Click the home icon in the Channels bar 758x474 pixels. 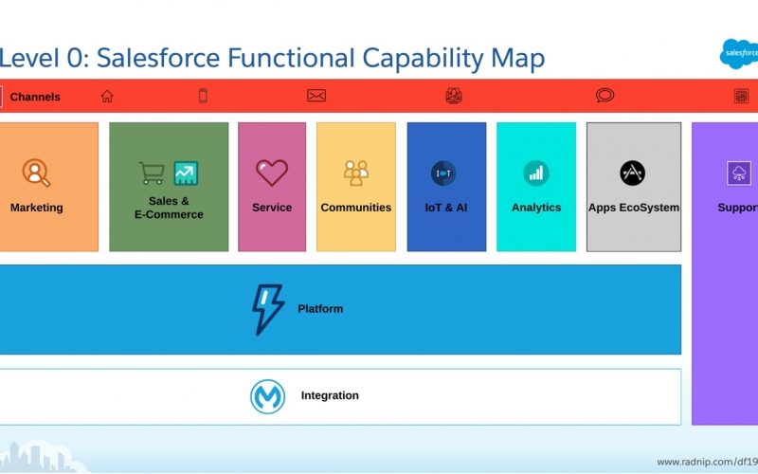(x=107, y=97)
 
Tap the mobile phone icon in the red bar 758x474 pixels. (x=203, y=96)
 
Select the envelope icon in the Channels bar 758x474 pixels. (x=316, y=96)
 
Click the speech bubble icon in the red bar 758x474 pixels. (x=605, y=96)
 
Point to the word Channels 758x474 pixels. (x=35, y=97)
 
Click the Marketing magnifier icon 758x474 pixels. (x=36, y=173)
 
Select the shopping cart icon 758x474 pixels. (x=152, y=173)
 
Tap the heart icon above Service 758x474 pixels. (x=272, y=173)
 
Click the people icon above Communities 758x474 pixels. (x=356, y=173)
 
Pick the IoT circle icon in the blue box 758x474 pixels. (x=443, y=173)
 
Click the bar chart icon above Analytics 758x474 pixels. (x=536, y=173)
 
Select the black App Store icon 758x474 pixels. (x=632, y=173)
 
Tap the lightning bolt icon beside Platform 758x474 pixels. (x=268, y=310)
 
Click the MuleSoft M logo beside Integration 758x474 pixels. (x=267, y=396)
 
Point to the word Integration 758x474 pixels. (x=330, y=395)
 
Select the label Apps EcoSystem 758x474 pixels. (x=634, y=208)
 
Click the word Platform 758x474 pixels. (x=320, y=309)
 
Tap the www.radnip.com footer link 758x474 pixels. (x=707, y=462)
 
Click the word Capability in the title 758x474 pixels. (x=423, y=59)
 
